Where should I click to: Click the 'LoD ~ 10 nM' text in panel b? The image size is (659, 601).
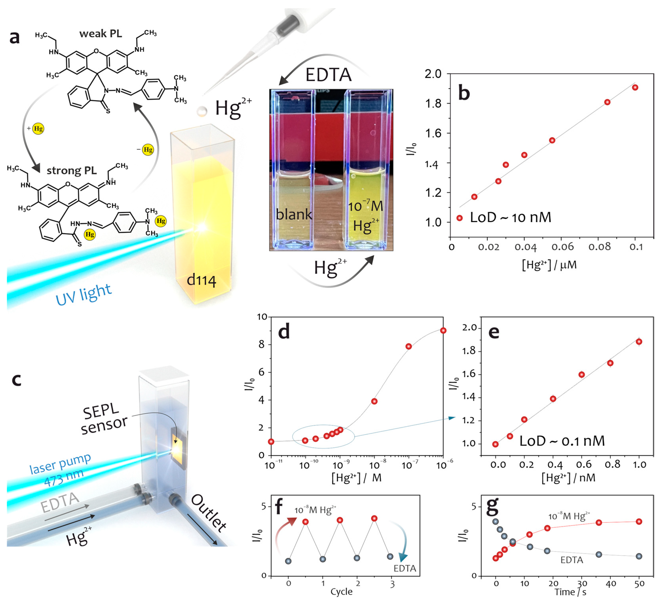click(x=510, y=218)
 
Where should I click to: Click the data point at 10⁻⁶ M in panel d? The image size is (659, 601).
click(x=443, y=331)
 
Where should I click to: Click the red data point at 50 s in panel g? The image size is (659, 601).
click(x=639, y=521)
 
